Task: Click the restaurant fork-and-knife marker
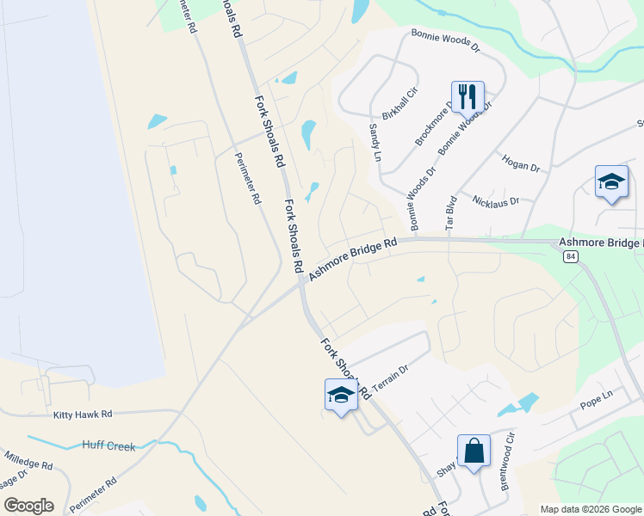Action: click(x=468, y=96)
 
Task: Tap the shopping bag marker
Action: click(x=474, y=450)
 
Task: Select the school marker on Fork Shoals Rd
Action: click(x=341, y=396)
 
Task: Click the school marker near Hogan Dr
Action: click(x=611, y=182)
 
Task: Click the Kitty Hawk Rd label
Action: click(x=83, y=415)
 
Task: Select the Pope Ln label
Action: click(x=595, y=395)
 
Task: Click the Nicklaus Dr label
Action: click(x=497, y=201)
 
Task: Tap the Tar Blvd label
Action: click(x=449, y=212)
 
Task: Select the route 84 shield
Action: click(x=570, y=256)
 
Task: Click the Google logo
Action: click(x=28, y=505)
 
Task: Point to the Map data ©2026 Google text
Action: click(x=591, y=509)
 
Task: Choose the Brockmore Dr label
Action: click(x=433, y=126)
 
